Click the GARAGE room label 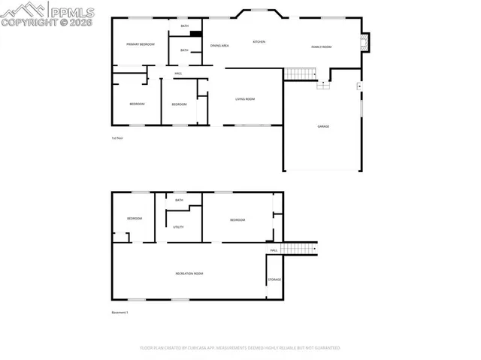(322, 126)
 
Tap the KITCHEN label (259, 41)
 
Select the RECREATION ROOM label (189, 274)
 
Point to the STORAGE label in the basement (274, 280)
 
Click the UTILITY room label (178, 226)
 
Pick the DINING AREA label (219, 46)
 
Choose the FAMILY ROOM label (322, 47)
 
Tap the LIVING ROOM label (245, 98)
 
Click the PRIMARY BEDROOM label (140, 44)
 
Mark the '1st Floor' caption (117, 138)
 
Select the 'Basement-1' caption (120, 313)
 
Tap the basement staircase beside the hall (300, 249)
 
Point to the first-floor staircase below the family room (300, 74)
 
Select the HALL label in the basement (274, 250)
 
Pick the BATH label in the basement (179, 201)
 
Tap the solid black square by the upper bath (195, 33)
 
